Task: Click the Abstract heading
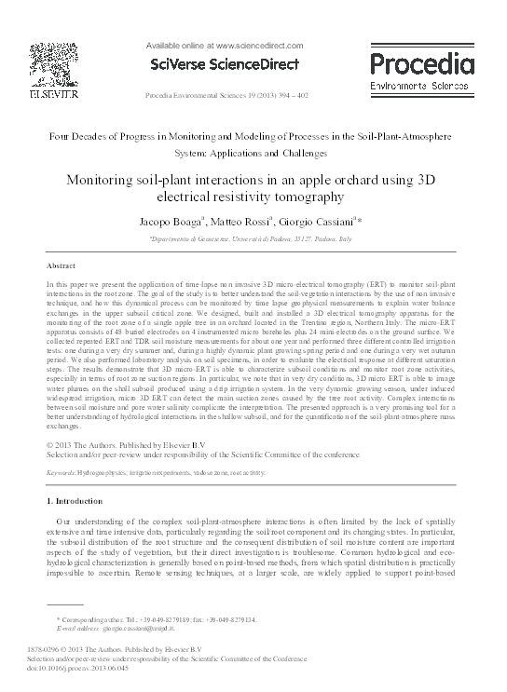pos(61,265)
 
